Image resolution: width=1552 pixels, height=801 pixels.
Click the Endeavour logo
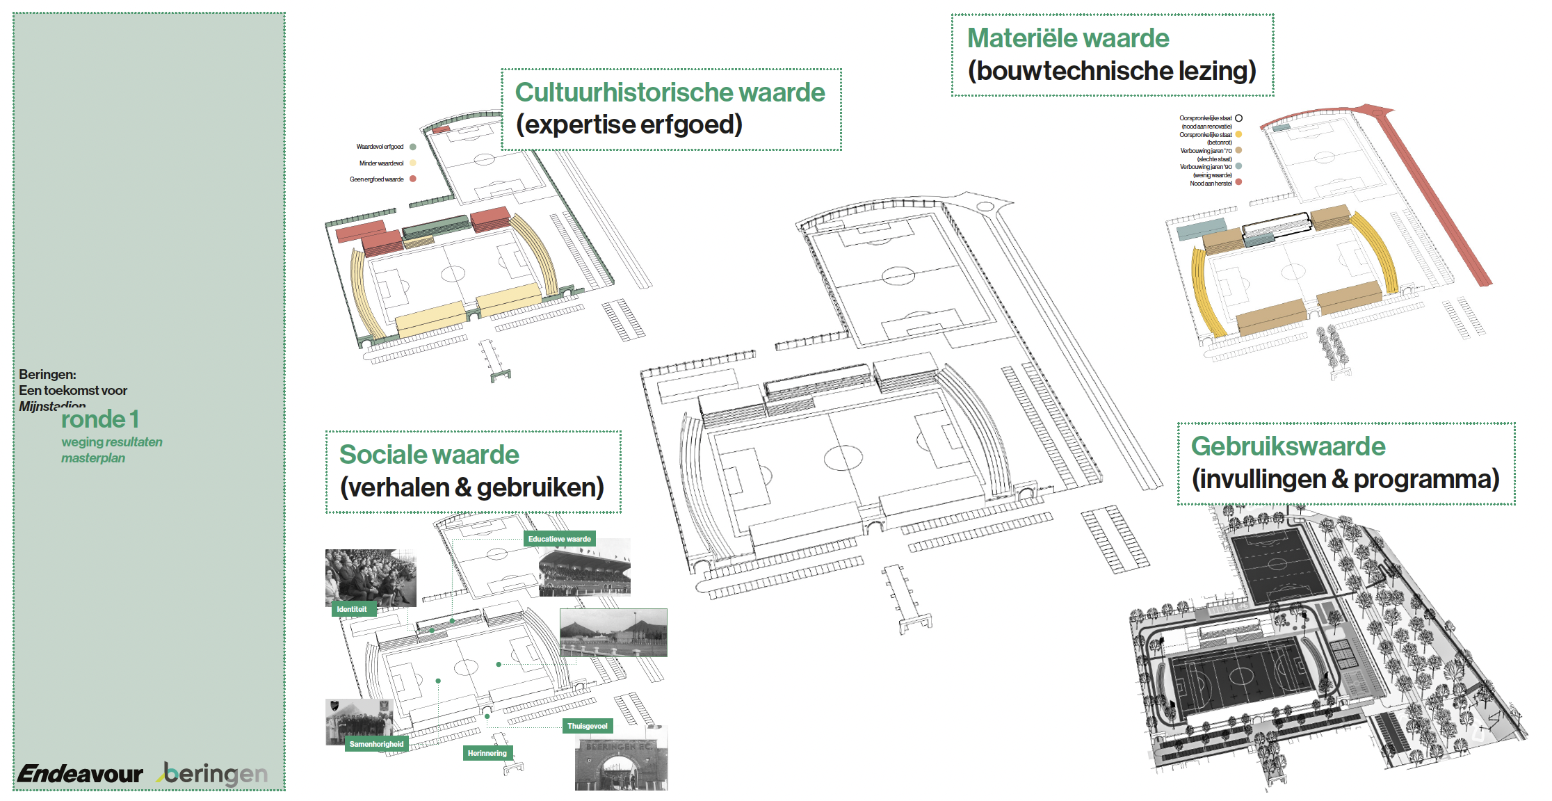pyautogui.click(x=80, y=773)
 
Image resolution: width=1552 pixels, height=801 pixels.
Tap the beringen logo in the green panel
pyautogui.click(x=215, y=774)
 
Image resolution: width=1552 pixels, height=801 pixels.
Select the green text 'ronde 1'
pyautogui.click(x=100, y=419)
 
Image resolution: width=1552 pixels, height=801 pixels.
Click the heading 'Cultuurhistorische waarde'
pyautogui.click(x=670, y=92)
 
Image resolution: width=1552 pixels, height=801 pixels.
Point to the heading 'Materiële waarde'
pyautogui.click(x=1068, y=38)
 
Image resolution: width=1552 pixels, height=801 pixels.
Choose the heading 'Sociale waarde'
pyautogui.click(x=429, y=455)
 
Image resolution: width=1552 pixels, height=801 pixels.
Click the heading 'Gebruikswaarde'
pyautogui.click(x=1288, y=446)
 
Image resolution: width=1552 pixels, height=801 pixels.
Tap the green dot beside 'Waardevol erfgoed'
pyautogui.click(x=413, y=147)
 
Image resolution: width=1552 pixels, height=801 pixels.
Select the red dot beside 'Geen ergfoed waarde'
pyautogui.click(x=413, y=179)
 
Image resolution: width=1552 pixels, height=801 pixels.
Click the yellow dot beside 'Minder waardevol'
pyautogui.click(x=413, y=163)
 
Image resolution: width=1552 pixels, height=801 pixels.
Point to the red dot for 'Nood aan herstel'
pyautogui.click(x=1238, y=182)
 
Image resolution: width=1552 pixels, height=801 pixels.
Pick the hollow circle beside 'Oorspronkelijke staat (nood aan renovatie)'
pyautogui.click(x=1238, y=118)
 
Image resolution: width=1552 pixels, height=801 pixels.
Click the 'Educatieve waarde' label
pyautogui.click(x=559, y=539)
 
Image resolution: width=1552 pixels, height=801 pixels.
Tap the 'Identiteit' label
pyautogui.click(x=352, y=609)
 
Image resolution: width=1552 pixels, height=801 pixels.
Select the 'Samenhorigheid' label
pyautogui.click(x=376, y=744)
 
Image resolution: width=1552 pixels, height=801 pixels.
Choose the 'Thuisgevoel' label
pyautogui.click(x=588, y=726)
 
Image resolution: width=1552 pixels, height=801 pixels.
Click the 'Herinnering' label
pyautogui.click(x=487, y=753)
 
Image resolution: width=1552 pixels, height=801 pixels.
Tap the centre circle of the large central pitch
pyautogui.click(x=843, y=458)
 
